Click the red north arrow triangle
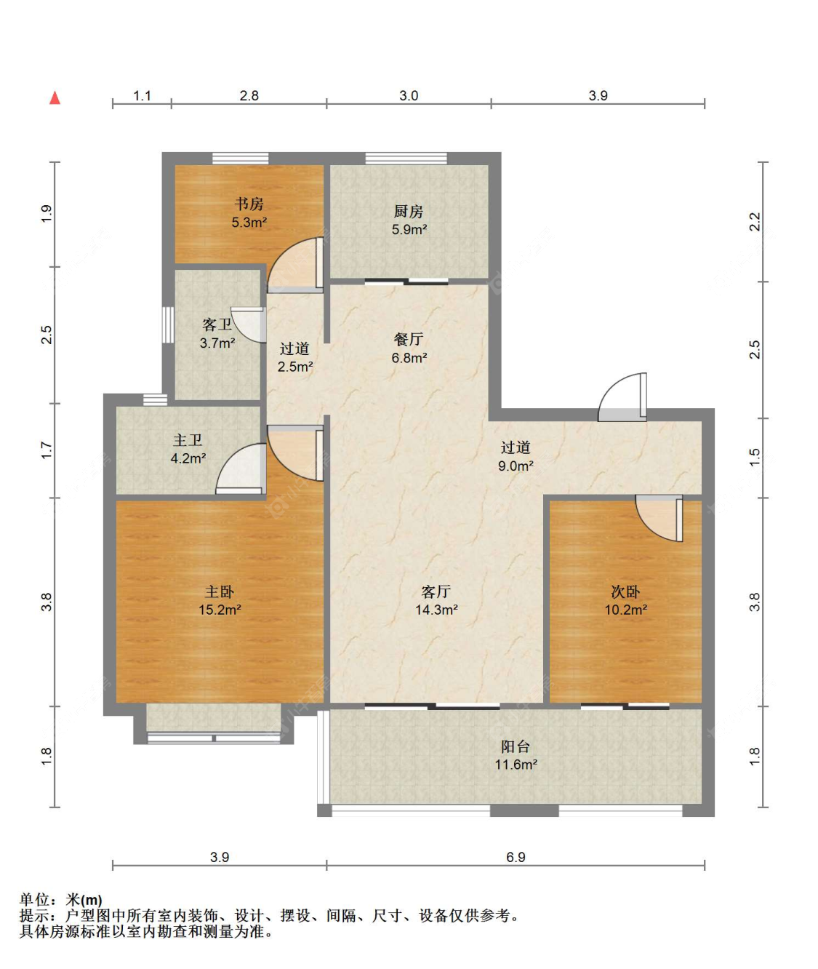55,98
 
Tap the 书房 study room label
249,204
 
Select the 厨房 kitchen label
409,211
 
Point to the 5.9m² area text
409,229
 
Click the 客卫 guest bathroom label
217,324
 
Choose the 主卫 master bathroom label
188,440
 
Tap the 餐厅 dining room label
409,339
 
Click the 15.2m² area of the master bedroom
220,610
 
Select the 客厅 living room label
436,591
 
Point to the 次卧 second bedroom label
625,591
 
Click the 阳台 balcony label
516,746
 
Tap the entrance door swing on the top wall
622,397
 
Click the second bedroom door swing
659,518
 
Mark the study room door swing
295,265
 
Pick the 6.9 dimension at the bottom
516,857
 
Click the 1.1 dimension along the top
142,95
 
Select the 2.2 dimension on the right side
755,221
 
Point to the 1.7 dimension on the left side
47,450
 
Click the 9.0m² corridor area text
516,466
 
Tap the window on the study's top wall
241,159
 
